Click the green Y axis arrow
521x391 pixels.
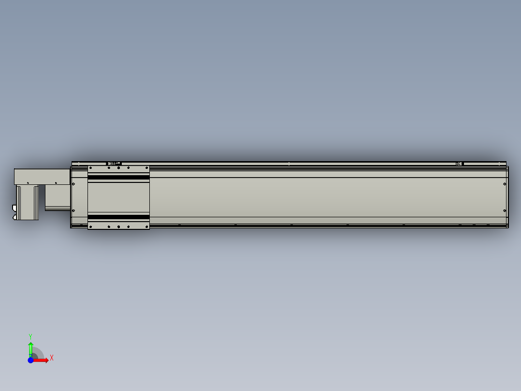(x=30, y=347)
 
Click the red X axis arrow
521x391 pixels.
(x=43, y=360)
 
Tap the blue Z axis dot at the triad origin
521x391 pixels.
(x=30, y=360)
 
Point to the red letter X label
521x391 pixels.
(x=52, y=358)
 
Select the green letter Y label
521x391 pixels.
(x=30, y=336)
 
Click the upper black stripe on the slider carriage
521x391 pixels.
(x=118, y=178)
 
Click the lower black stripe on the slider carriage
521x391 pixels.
(x=118, y=217)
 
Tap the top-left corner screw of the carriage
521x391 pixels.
(x=90, y=168)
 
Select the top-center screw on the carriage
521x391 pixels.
(x=118, y=168)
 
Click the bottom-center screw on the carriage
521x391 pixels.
(x=118, y=226)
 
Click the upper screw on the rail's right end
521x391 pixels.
(x=504, y=183)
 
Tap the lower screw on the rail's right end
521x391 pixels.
(x=504, y=210)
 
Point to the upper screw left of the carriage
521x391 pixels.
(x=73, y=184)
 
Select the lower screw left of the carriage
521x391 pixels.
(x=73, y=211)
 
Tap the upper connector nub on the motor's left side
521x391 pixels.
(x=14, y=208)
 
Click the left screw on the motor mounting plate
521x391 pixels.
(x=28, y=183)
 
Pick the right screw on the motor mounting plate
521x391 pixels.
(x=56, y=183)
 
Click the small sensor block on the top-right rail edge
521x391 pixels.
(x=459, y=164)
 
